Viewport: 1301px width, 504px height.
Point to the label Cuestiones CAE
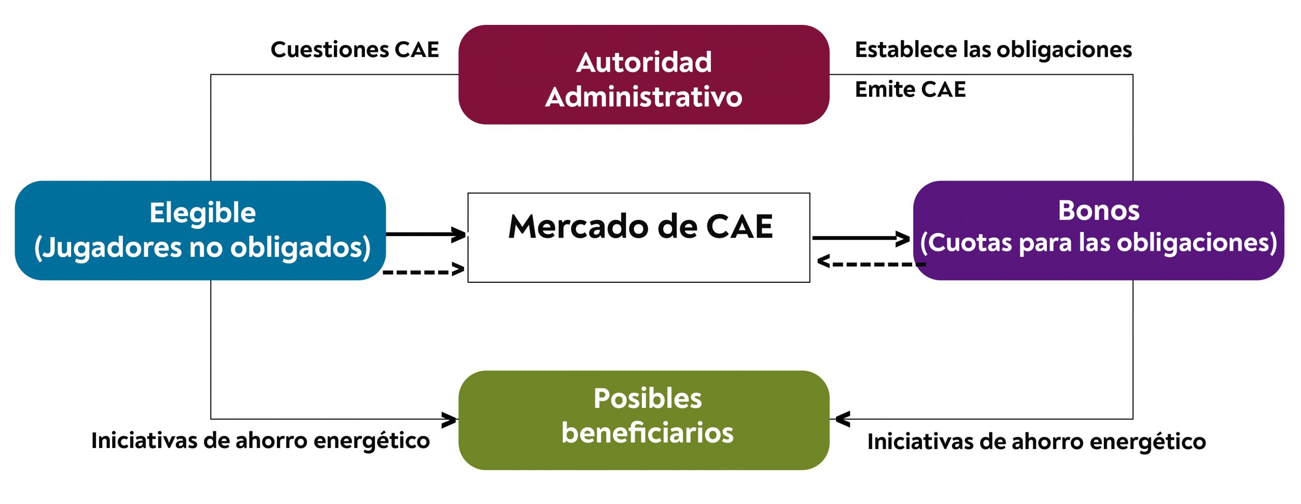355,50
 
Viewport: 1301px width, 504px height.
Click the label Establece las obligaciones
993,50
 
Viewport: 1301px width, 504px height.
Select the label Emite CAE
910,90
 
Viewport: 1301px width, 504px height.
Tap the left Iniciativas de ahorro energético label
260,440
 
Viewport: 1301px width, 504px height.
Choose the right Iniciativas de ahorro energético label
1036,441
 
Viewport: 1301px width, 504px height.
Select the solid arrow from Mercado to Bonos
860,238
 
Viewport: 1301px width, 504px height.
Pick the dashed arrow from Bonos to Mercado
870,263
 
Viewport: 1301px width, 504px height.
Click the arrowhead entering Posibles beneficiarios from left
449,420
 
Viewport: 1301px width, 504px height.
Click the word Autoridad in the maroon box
643,63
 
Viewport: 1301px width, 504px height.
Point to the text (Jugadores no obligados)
202,247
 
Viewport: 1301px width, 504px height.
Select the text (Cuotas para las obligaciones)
1098,243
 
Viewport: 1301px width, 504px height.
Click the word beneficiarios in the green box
647,433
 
